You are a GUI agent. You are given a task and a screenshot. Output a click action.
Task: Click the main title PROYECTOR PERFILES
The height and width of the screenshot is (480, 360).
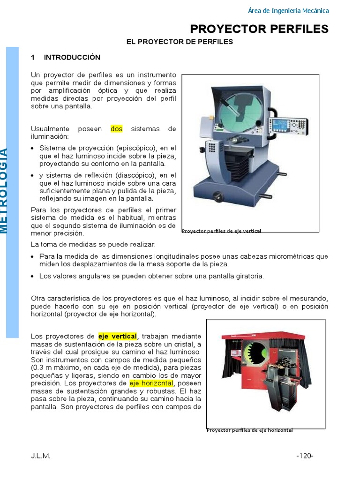(259, 29)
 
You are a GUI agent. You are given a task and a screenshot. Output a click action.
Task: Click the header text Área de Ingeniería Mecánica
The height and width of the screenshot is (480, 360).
(288, 11)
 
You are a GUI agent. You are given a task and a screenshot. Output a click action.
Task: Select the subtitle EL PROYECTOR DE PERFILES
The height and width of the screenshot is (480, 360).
(180, 42)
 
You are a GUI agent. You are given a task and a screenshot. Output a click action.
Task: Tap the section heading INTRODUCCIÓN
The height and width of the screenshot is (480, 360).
(72, 57)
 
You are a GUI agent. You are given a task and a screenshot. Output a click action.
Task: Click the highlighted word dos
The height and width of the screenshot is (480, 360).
(116, 129)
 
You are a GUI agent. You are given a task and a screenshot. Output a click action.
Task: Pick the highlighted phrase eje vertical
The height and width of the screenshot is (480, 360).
(117, 337)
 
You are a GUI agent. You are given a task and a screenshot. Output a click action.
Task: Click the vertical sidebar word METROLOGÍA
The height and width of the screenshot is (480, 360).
(5, 190)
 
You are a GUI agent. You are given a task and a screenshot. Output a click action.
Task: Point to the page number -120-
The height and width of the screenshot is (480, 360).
(305, 456)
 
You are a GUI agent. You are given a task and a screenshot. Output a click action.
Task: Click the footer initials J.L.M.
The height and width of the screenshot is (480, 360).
(40, 456)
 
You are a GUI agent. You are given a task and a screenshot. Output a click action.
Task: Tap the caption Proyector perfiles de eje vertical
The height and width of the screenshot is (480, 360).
(221, 231)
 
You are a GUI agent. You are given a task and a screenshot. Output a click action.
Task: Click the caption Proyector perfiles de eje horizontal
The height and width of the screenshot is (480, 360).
(249, 430)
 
